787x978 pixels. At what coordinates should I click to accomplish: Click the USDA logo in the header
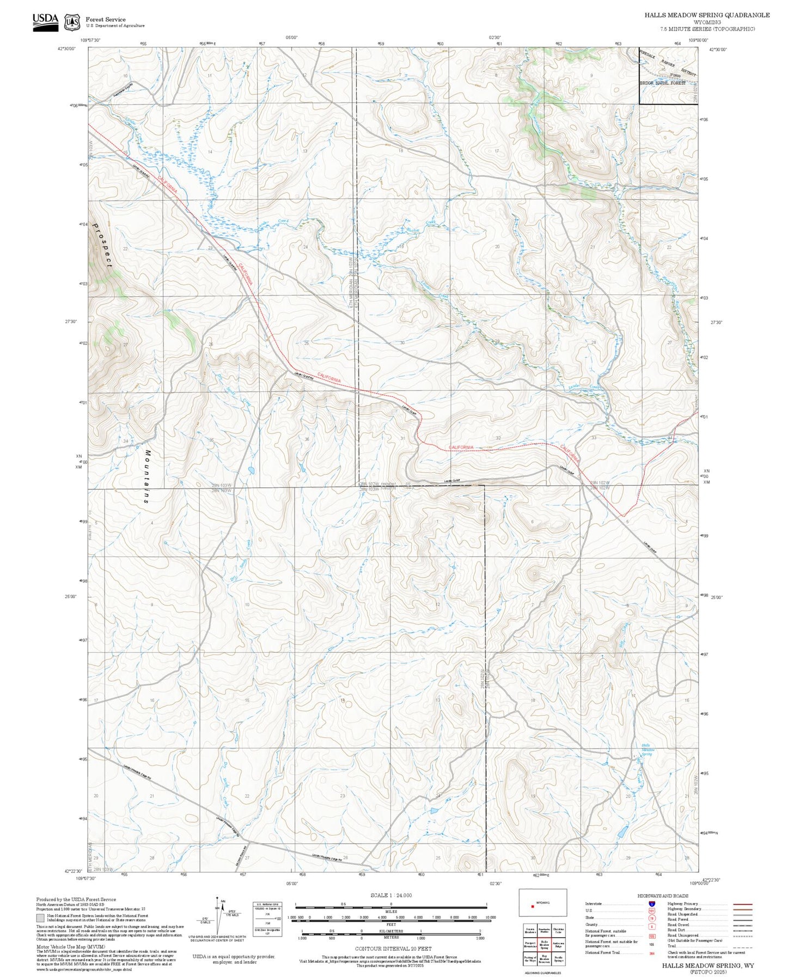[x=45, y=22]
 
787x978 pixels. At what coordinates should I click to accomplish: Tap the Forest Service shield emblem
[x=72, y=22]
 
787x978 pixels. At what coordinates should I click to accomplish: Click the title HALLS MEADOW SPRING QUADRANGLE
[x=707, y=15]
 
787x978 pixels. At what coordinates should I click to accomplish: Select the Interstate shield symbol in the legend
[x=651, y=904]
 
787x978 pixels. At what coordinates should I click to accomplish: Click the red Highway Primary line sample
[x=742, y=904]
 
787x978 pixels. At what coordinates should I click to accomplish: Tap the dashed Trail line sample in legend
[x=742, y=947]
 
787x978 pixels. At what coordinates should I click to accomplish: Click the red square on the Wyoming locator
[x=533, y=907]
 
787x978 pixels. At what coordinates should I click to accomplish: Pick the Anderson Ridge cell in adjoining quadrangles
[x=558, y=944]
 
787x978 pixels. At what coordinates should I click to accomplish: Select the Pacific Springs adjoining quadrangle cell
[x=558, y=958]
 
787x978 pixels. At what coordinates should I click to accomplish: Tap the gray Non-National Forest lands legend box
[x=40, y=917]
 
